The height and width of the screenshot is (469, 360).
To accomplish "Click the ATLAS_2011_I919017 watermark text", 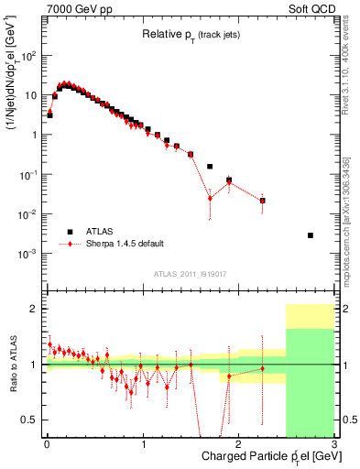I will pos(190,273).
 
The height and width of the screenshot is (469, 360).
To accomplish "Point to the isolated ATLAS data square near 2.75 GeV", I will pos(311,235).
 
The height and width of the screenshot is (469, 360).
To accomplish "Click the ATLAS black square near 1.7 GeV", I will pos(210,167).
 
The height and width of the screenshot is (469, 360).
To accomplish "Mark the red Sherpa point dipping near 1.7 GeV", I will pos(210,198).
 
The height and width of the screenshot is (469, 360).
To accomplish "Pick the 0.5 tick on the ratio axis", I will pos(34,420).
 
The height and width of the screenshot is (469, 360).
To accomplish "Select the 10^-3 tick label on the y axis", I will pos(29,253).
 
